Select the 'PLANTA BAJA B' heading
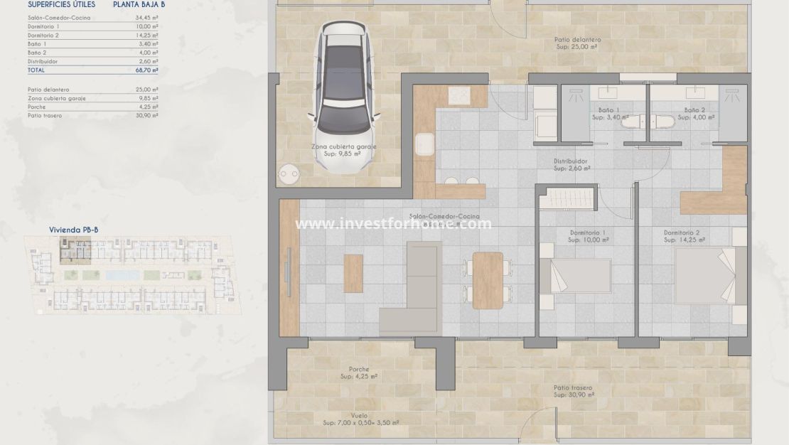coord(139,4)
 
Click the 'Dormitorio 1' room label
coord(588,232)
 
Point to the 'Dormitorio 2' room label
coord(682,232)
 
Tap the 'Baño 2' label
coord(694,110)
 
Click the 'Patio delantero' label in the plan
coord(577,40)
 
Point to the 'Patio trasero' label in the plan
coord(573,388)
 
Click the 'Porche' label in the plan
coord(359,369)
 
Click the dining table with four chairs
coord(488,280)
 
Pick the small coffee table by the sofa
coord(353,273)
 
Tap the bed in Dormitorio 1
coord(577,276)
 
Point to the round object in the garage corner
coord(289,173)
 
